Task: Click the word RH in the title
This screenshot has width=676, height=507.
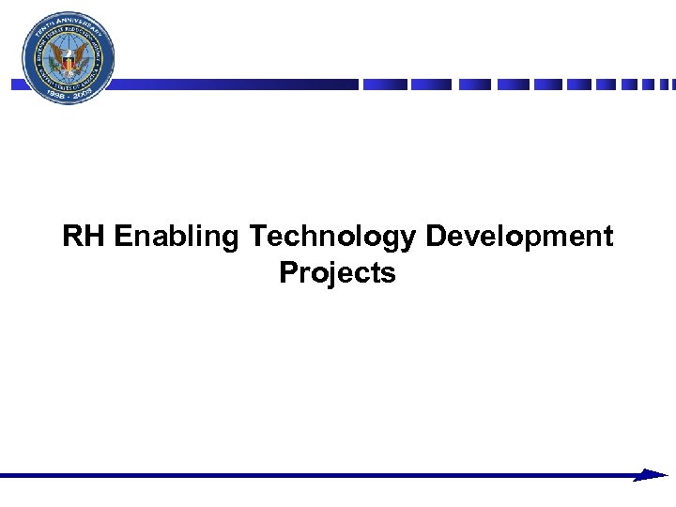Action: point(84,237)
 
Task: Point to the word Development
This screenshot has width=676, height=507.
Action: point(519,238)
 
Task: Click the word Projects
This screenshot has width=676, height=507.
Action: point(337,273)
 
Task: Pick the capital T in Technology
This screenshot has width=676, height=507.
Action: point(257,237)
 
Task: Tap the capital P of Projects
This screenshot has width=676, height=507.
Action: point(287,273)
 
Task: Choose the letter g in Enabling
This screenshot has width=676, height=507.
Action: point(231,240)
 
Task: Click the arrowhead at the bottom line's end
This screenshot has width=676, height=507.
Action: point(652,476)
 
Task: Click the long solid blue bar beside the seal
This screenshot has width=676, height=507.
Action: point(235,84)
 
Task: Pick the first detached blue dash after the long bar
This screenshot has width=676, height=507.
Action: point(385,84)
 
